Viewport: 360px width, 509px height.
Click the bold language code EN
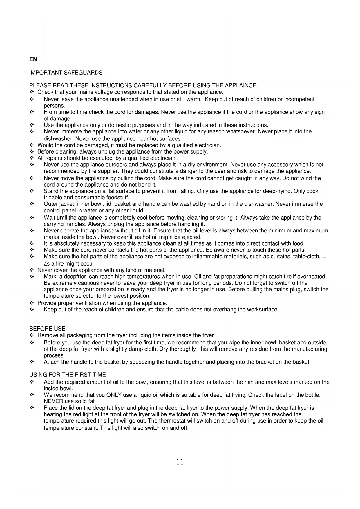point(33,59)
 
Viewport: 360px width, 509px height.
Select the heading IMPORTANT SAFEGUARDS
point(66,73)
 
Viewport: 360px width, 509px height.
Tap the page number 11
point(180,462)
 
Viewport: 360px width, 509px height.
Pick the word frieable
point(53,198)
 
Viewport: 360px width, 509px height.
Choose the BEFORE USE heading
point(47,329)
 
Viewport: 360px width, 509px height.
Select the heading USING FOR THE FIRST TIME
point(68,375)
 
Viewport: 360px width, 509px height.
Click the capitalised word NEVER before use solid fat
point(53,402)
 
